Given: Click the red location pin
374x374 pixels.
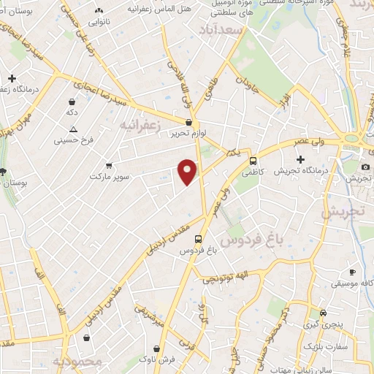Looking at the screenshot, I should [x=188, y=171].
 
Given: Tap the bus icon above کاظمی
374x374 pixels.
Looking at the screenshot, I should [x=253, y=161].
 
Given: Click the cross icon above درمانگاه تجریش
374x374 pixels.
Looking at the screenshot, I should [x=299, y=159].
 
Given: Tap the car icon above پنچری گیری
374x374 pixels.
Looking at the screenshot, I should [x=313, y=313].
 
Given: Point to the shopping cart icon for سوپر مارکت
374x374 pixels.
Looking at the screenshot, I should [x=109, y=166].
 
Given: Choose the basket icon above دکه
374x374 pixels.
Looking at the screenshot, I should [x=72, y=103].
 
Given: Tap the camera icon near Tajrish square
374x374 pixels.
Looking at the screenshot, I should [x=365, y=167].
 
